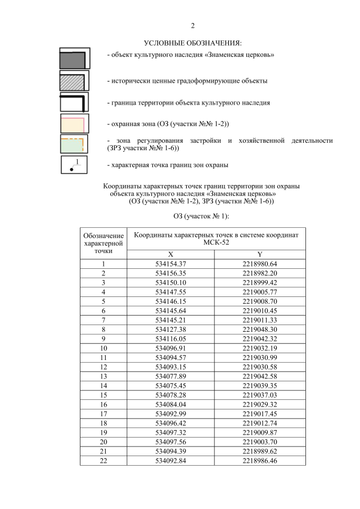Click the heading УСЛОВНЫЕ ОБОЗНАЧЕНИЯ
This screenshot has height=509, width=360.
(x=192, y=43)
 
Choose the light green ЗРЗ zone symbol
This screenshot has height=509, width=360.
(x=74, y=145)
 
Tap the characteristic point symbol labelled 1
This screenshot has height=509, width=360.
(x=74, y=165)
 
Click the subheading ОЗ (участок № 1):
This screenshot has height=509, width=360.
(x=192, y=216)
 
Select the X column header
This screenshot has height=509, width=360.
(x=170, y=254)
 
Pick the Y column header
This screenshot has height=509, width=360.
(x=260, y=254)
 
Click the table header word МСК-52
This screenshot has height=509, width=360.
(x=217, y=243)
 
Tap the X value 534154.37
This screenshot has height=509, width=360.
(x=170, y=263)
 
